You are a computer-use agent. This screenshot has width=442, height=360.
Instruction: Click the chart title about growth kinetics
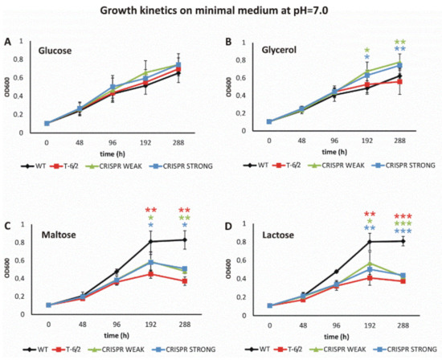(221, 11)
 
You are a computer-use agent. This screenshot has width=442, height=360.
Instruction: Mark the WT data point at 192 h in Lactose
(369, 241)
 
